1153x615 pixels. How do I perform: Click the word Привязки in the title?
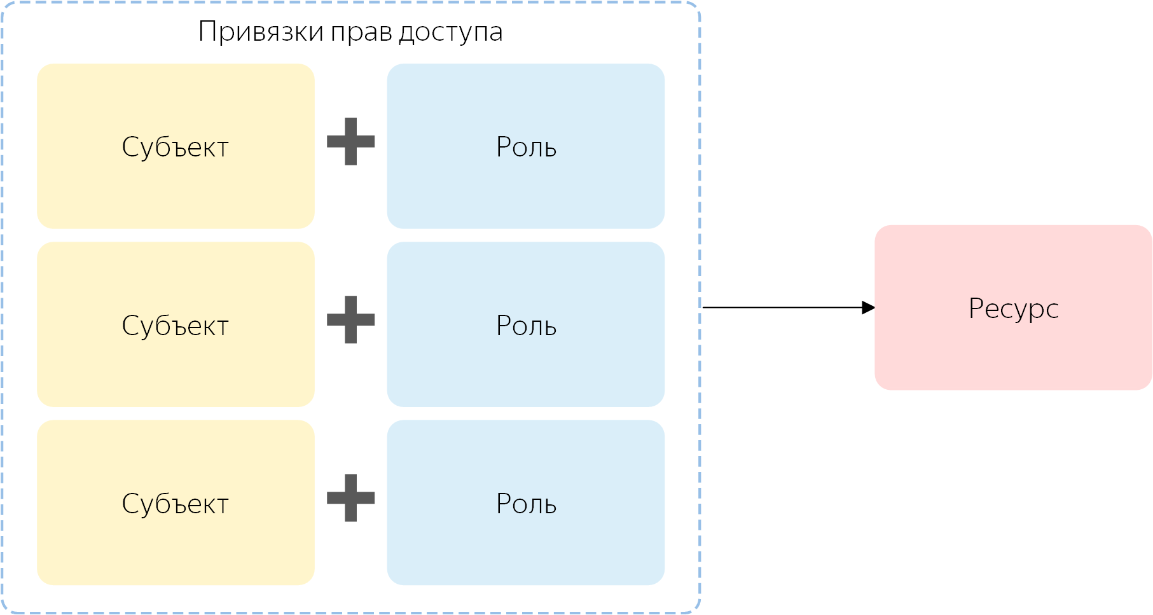(261, 32)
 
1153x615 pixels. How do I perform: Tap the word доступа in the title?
(450, 32)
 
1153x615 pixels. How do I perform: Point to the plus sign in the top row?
(350, 141)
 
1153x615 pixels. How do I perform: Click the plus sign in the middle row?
(350, 319)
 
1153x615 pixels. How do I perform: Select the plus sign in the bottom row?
(350, 497)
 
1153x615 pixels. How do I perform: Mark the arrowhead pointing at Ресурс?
(868, 307)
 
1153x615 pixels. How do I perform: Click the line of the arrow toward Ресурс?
(782, 307)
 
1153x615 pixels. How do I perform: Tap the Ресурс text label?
(1013, 308)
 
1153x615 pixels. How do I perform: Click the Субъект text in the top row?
(176, 147)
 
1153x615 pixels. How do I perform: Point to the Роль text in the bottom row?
(526, 504)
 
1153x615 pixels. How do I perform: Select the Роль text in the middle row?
(526, 326)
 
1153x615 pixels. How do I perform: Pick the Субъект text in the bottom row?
(176, 504)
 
